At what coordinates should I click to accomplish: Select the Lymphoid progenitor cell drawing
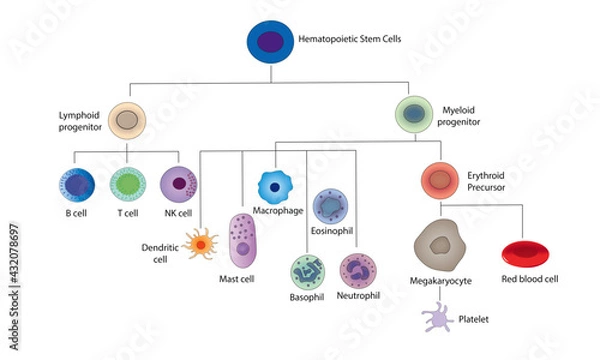click(127, 119)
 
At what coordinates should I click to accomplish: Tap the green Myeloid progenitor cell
click(414, 114)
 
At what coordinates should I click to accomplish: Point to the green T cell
click(128, 185)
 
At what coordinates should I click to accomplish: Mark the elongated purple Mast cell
click(245, 242)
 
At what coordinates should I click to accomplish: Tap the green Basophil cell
click(307, 271)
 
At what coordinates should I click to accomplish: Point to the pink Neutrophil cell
click(357, 271)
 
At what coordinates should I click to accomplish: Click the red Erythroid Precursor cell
click(439, 180)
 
